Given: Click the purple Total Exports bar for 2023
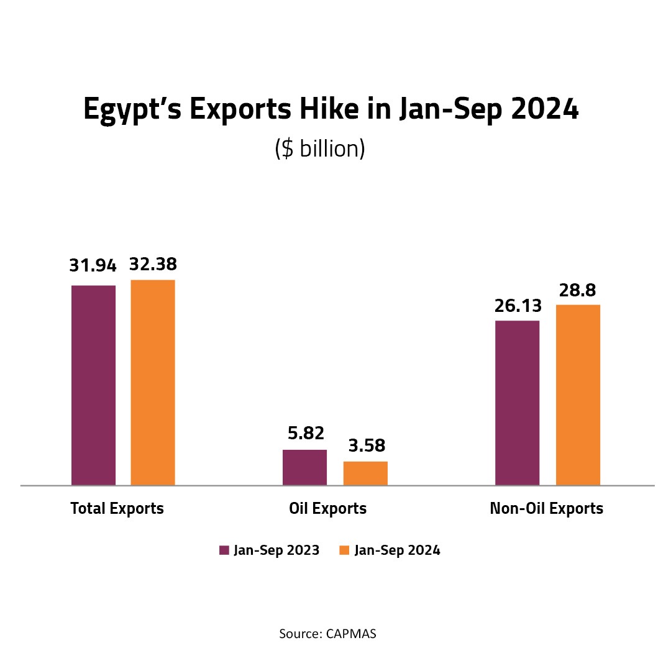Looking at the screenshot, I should tap(94, 385).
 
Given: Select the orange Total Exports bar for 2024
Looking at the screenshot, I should tap(153, 382).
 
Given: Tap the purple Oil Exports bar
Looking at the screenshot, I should tap(304, 467).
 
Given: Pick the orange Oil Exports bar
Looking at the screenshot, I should tap(365, 473).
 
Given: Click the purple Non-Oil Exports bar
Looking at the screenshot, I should tap(517, 403).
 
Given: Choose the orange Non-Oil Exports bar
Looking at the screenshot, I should tap(578, 395).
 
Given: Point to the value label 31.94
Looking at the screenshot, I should tap(94, 266).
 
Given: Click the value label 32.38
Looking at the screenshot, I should tap(153, 265).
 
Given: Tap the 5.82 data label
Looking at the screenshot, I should tap(305, 433).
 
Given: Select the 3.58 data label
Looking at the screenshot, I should tap(365, 445).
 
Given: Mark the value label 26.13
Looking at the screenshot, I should tap(518, 306).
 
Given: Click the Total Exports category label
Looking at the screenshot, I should tap(117, 509).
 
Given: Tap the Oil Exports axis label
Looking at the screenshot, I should tap(328, 509).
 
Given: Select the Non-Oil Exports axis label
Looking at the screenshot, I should tap(547, 509).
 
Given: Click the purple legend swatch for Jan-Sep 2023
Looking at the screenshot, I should tap(224, 550).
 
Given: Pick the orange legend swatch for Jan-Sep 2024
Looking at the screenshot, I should tap(344, 550).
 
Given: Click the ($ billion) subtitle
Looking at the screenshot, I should tap(319, 150).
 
